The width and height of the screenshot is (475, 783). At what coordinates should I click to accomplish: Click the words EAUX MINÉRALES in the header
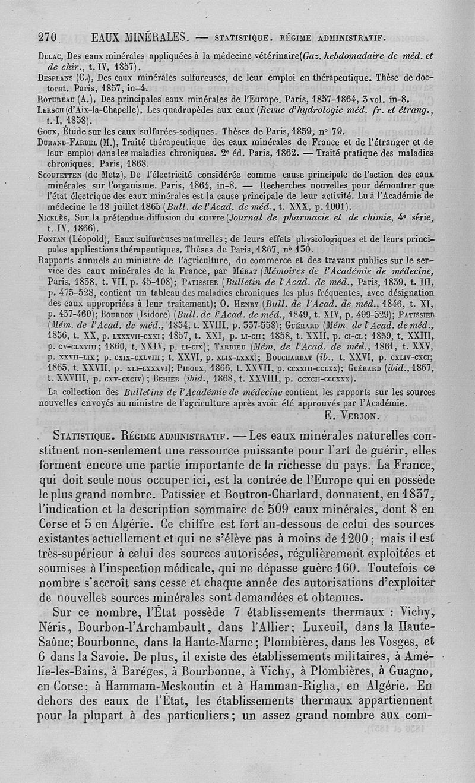[141, 37]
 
